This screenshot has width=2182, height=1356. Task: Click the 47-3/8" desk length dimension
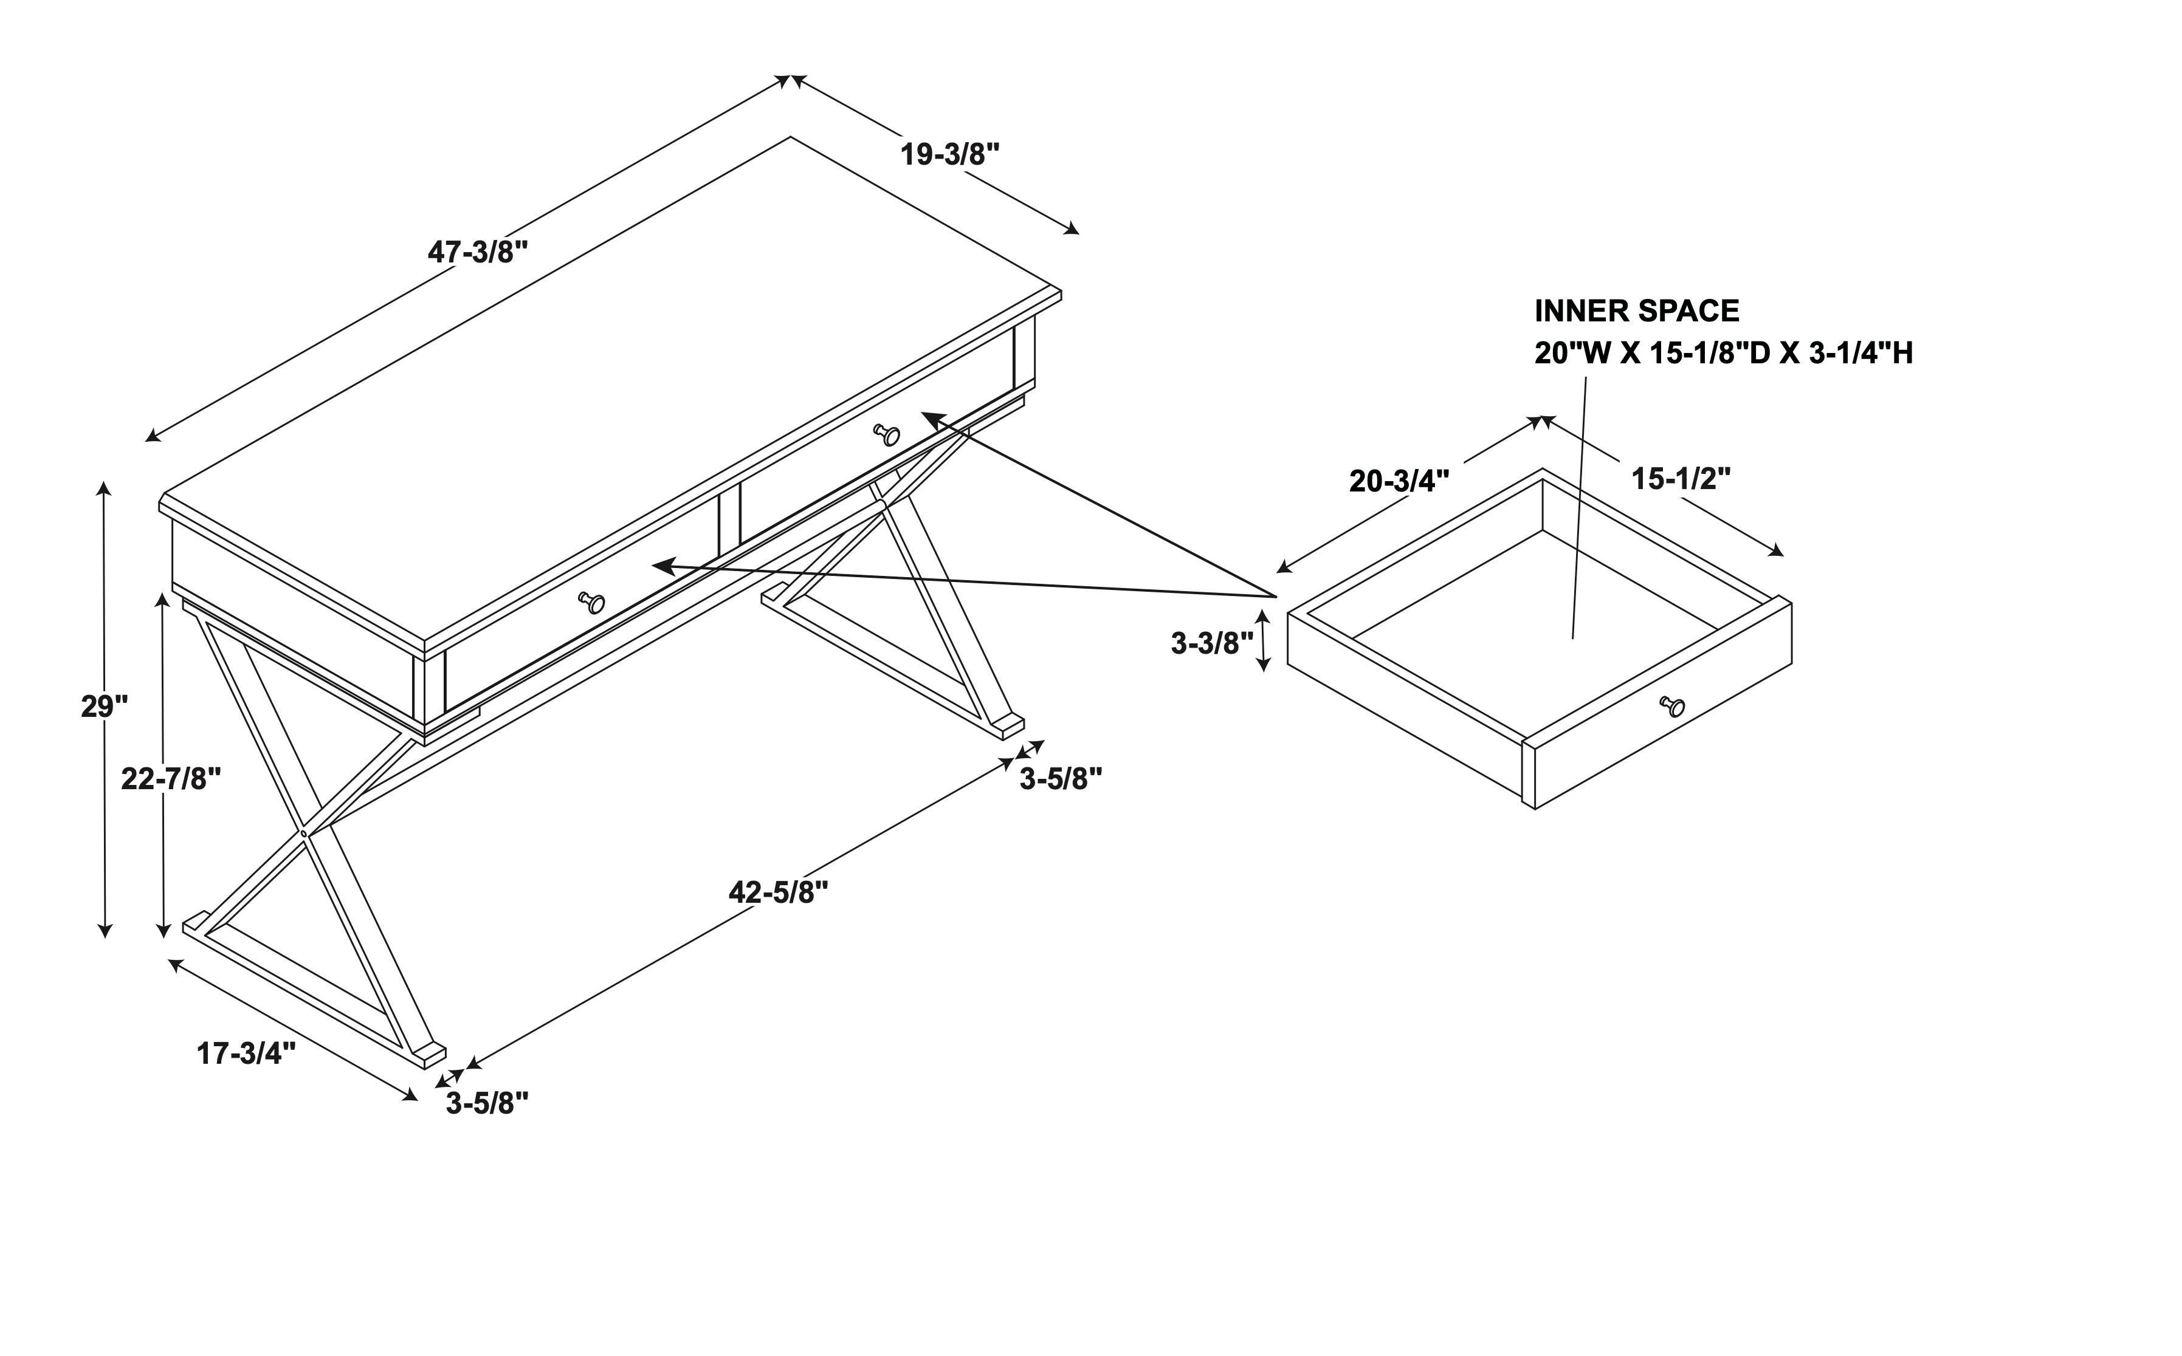477,252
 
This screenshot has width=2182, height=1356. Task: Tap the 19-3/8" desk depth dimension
949,154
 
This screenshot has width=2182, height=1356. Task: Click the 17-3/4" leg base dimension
246,1053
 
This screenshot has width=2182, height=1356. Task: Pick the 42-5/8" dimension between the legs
778,892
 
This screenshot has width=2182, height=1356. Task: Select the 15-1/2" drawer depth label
1681,479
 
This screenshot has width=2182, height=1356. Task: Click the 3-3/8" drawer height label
1211,643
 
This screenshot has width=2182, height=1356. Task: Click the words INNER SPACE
1636,311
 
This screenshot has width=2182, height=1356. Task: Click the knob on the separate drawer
1673,706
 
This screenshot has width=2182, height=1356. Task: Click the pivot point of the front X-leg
304,833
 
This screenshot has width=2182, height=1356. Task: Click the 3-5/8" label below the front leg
487,1103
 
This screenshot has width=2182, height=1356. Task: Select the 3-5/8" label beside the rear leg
1061,778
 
